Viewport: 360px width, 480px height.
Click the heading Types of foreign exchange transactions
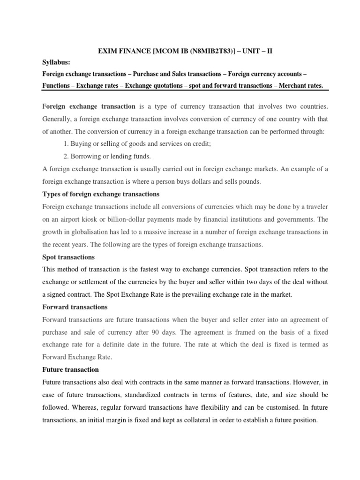tap(101, 194)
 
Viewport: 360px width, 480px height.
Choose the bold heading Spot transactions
tap(68, 257)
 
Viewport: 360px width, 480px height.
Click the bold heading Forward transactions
tap(75, 307)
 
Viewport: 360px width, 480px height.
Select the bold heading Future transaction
tap(70, 369)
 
